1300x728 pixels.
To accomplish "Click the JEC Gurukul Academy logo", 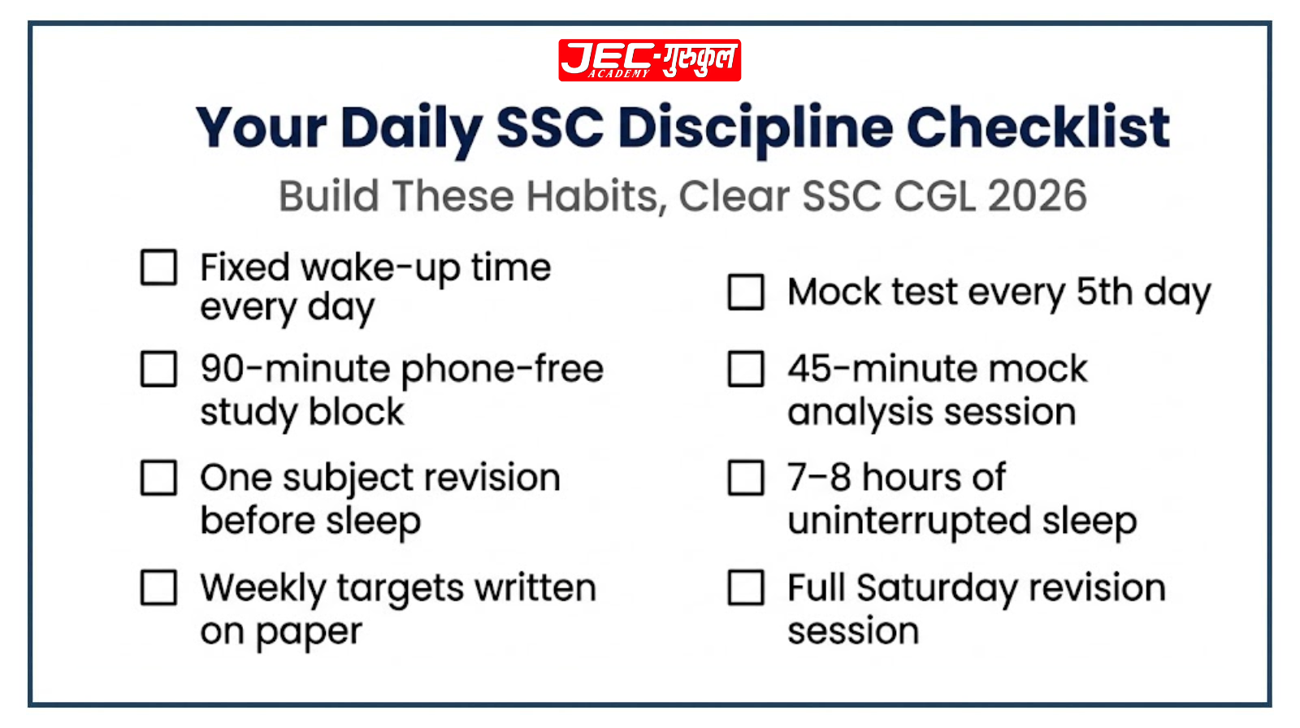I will tap(649, 60).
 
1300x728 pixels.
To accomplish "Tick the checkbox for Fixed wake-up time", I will tap(158, 266).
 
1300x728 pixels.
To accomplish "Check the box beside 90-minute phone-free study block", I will tap(158, 369).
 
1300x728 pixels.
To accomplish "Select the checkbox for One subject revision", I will tap(158, 478).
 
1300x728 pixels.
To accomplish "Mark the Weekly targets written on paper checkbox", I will tap(158, 587).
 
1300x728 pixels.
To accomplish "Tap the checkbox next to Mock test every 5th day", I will tap(746, 292).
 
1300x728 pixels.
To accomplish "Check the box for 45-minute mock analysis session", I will tap(746, 369).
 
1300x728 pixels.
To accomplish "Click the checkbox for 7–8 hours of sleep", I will tap(746, 478).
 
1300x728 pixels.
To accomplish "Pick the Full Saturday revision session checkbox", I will tap(746, 587).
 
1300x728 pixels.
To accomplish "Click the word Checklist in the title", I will tap(1038, 128).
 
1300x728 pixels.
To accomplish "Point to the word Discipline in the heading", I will tap(755, 128).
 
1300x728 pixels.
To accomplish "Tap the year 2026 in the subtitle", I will tap(1038, 197).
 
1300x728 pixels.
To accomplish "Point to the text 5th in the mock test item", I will tap(1104, 292).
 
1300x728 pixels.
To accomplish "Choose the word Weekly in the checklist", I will tap(263, 587).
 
